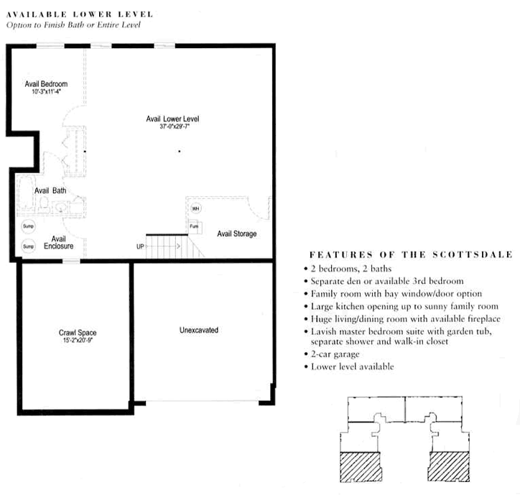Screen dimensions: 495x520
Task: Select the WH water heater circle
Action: [195, 208]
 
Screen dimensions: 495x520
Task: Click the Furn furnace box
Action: [194, 226]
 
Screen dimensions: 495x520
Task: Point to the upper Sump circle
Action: [29, 227]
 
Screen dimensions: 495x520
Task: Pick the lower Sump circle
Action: [29, 246]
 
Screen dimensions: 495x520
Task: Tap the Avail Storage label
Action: [237, 234]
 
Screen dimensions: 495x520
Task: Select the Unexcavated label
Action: [199, 330]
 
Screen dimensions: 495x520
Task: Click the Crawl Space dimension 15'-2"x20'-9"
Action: [78, 340]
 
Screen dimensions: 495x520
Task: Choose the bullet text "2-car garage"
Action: [335, 354]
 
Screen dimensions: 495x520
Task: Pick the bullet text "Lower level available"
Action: [353, 366]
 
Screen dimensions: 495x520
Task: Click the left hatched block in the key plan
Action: [360, 467]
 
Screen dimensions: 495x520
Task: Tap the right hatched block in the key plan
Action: [448, 467]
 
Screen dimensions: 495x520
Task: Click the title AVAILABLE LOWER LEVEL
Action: [68, 14]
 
